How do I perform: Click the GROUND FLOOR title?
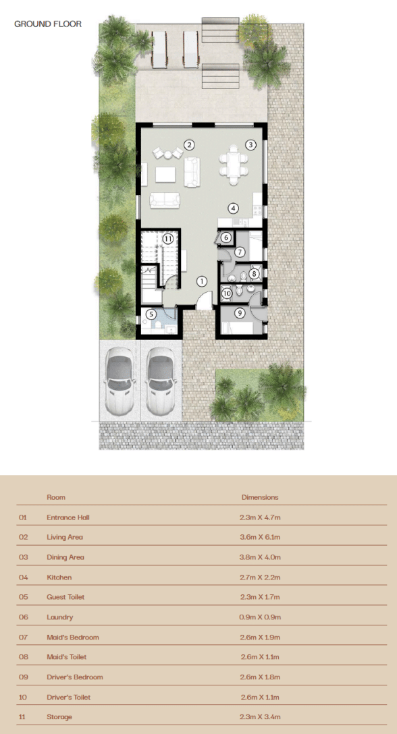(x=48, y=24)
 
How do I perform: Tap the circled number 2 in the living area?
(x=189, y=144)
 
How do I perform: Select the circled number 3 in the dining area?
(x=250, y=144)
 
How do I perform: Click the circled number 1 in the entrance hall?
(x=202, y=281)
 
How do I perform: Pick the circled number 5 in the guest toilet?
(x=150, y=314)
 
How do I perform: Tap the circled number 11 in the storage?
(x=168, y=238)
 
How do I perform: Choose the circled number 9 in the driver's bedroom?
(x=240, y=313)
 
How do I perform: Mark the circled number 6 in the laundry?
(x=226, y=237)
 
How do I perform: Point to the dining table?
(x=234, y=163)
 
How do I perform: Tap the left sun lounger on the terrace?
(x=159, y=49)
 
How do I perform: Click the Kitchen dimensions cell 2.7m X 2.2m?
(x=260, y=577)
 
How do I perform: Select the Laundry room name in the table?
(x=60, y=617)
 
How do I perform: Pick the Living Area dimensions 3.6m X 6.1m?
(x=260, y=538)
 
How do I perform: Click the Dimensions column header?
(x=260, y=497)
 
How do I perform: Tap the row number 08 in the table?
(x=24, y=657)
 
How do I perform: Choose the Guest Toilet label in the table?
(x=65, y=597)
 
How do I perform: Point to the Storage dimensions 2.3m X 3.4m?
(x=260, y=717)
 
